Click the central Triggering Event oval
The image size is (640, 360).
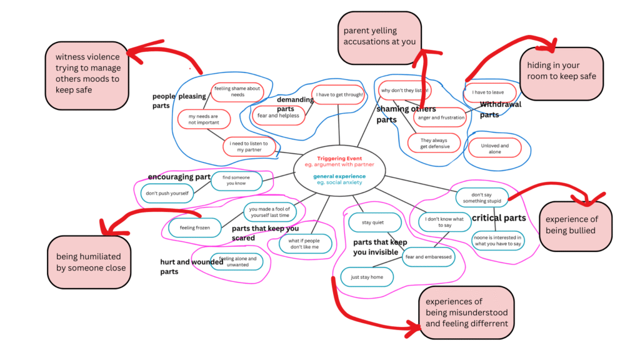(x=339, y=170)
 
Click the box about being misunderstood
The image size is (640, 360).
(x=466, y=312)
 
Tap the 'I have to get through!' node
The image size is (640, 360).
(x=338, y=95)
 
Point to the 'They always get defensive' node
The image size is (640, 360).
(x=434, y=143)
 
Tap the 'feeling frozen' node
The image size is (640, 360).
(x=194, y=228)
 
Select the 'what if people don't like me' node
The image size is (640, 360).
(x=302, y=244)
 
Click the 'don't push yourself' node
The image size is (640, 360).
(x=167, y=194)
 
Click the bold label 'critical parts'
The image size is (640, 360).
(x=498, y=218)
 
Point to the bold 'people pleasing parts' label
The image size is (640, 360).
(x=170, y=101)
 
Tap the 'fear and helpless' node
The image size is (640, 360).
(x=278, y=116)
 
